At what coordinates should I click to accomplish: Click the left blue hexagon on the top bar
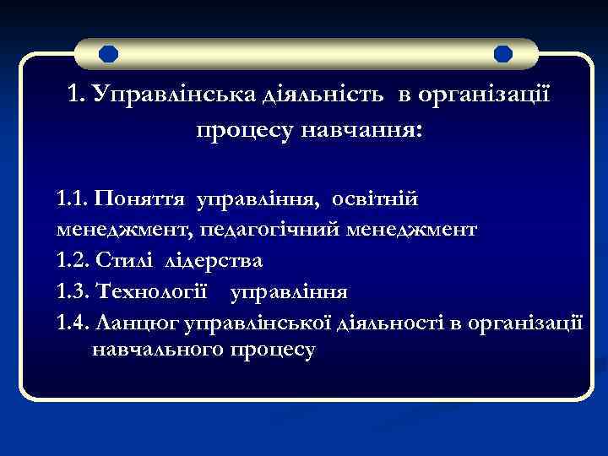[x=108, y=55]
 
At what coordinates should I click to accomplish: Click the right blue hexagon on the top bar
[x=502, y=55]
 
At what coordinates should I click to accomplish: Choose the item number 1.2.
[x=73, y=259]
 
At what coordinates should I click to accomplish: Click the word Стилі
[x=125, y=259]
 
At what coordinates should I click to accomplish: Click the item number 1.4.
[x=73, y=320]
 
